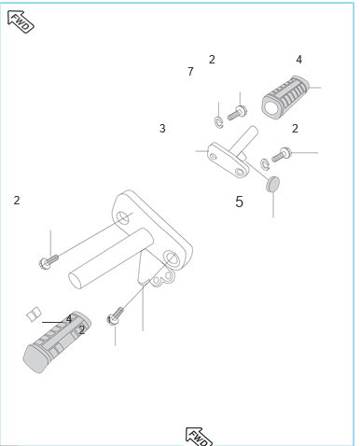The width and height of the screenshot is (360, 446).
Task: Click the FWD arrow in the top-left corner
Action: click(21, 21)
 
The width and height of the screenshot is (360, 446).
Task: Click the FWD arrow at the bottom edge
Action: click(199, 437)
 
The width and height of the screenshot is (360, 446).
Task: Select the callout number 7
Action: click(190, 72)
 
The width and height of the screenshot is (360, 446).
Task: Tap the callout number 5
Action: click(239, 202)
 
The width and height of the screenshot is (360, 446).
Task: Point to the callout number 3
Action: click(162, 129)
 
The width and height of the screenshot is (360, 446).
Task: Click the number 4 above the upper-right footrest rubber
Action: click(298, 60)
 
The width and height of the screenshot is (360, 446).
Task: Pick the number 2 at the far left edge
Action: click(17, 201)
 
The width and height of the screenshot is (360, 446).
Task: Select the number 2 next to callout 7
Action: click(212, 60)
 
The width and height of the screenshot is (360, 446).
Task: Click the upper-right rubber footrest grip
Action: click(285, 97)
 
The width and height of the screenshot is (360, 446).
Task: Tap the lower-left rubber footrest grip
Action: click(57, 341)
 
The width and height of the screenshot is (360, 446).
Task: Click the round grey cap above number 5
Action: click(273, 184)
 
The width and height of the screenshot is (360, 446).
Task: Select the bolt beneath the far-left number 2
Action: click(48, 262)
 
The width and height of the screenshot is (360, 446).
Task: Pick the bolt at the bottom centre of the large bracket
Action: click(116, 316)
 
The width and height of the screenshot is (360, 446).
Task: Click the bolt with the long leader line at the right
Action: click(282, 155)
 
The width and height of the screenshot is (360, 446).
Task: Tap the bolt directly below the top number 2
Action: click(238, 113)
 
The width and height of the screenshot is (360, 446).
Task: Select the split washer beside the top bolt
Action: click(219, 121)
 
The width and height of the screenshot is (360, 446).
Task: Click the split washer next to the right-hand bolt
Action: click(265, 164)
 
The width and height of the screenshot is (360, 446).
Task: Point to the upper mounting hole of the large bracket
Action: click(123, 217)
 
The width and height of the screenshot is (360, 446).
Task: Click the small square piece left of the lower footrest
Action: click(34, 314)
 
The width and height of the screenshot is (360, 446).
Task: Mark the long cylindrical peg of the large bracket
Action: click(111, 258)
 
